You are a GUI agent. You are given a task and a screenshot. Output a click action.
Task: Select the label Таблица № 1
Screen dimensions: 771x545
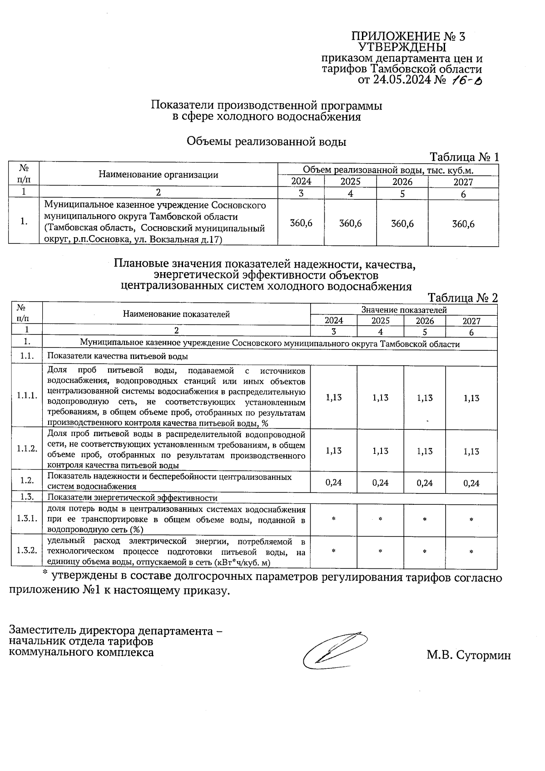pyautogui.click(x=464, y=157)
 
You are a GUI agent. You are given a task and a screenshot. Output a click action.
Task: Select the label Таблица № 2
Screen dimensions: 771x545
pyautogui.click(x=463, y=298)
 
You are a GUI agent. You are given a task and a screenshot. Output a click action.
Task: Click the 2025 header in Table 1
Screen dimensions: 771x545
pyautogui.click(x=350, y=182)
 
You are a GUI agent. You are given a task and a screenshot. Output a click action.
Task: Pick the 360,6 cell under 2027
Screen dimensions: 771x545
pyautogui.click(x=463, y=224)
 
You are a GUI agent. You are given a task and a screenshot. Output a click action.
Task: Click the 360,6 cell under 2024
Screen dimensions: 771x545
pyautogui.click(x=301, y=224)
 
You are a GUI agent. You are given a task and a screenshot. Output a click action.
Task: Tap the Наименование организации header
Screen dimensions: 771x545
pyautogui.click(x=159, y=175)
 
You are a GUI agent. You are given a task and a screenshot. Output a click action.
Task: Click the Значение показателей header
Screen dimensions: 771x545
pyautogui.click(x=404, y=310)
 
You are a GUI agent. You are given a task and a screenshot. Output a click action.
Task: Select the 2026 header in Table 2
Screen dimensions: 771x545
pyautogui.click(x=425, y=321)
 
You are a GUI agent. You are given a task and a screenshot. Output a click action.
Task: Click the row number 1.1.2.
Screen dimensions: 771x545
pyautogui.click(x=27, y=448)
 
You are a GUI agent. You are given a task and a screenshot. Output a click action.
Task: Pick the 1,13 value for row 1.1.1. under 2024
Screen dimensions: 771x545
pyautogui.click(x=334, y=398)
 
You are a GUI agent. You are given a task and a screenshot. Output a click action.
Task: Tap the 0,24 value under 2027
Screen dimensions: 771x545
pyautogui.click(x=471, y=483)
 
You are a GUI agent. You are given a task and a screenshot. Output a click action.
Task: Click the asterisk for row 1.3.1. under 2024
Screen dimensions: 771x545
pyautogui.click(x=334, y=519)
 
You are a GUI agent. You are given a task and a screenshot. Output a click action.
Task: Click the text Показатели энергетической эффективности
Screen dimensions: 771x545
pyautogui.click(x=133, y=498)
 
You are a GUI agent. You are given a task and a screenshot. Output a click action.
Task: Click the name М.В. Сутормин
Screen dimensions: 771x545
pyautogui.click(x=468, y=656)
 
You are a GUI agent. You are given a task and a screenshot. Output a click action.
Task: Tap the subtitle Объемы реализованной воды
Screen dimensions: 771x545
pyautogui.click(x=267, y=142)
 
